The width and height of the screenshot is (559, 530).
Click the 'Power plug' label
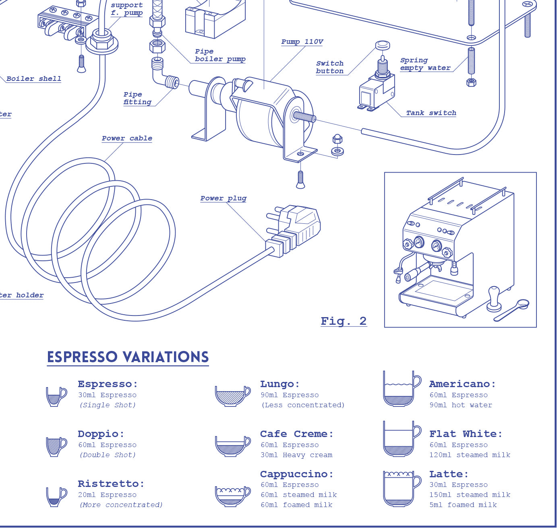[223, 198]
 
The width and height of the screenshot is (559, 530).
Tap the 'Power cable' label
[127, 138]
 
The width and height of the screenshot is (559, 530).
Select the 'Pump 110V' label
[302, 42]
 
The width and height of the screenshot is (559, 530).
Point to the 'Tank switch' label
[431, 113]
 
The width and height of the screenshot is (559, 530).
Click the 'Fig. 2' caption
[344, 321]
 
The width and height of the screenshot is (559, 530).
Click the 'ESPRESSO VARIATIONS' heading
[128, 357]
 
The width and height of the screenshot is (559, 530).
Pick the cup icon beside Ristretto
[56, 497]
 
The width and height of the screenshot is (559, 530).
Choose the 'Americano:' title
[462, 384]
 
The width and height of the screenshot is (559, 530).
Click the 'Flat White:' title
[466, 434]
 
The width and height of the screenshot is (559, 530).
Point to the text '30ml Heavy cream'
[296, 455]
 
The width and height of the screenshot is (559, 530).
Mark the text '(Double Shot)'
[108, 455]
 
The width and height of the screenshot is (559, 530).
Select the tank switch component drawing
[377, 89]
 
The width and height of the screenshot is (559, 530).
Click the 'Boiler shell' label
[34, 79]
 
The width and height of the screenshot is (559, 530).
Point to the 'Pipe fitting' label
[137, 98]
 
